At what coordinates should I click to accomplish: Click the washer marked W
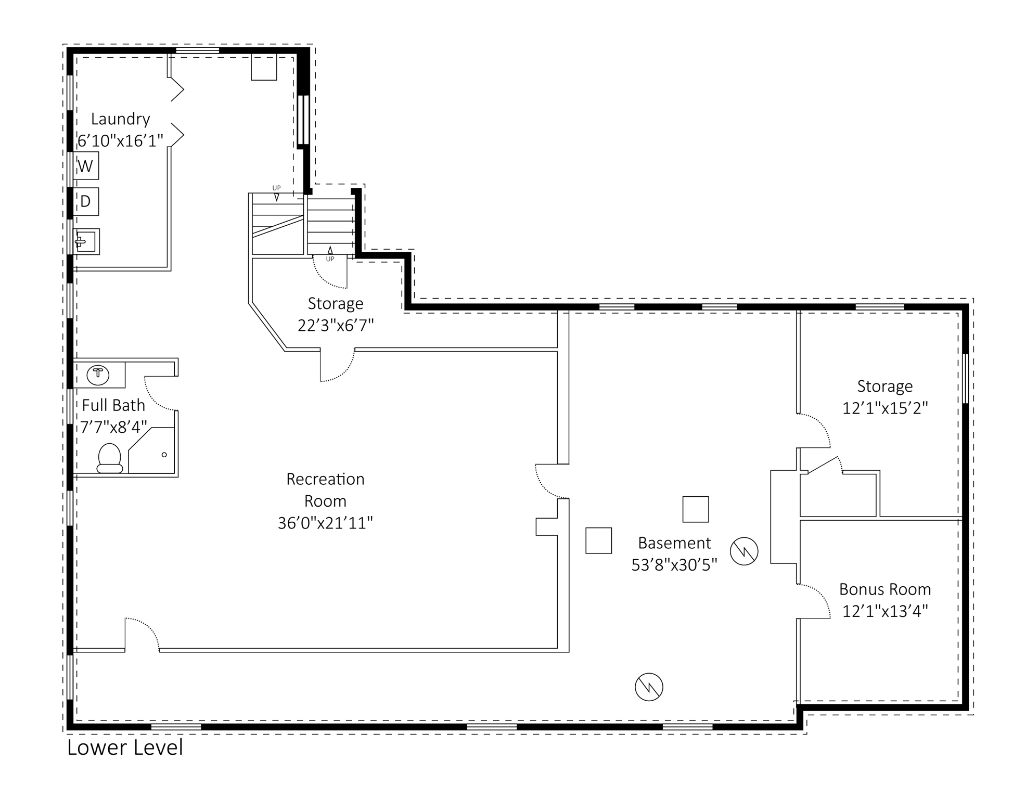pyautogui.click(x=85, y=165)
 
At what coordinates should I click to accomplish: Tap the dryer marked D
pyautogui.click(x=85, y=201)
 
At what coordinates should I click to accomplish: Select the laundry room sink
pyautogui.click(x=86, y=241)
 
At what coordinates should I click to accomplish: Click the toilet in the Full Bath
pyautogui.click(x=110, y=458)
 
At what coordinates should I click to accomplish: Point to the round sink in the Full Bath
pyautogui.click(x=98, y=375)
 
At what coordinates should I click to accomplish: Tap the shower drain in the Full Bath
pyautogui.click(x=164, y=455)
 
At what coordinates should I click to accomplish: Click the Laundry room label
pyautogui.click(x=120, y=119)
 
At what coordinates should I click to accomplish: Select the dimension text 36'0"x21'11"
pyautogui.click(x=325, y=523)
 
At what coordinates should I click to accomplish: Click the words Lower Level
pyautogui.click(x=125, y=748)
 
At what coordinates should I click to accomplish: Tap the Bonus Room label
pyautogui.click(x=885, y=589)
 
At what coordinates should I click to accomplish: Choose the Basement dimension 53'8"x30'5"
pyautogui.click(x=674, y=565)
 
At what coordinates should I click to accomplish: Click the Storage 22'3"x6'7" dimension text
pyautogui.click(x=336, y=325)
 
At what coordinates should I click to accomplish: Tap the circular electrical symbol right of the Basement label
pyautogui.click(x=744, y=551)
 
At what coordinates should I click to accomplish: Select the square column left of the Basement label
pyautogui.click(x=598, y=540)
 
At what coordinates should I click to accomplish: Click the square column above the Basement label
pyautogui.click(x=696, y=509)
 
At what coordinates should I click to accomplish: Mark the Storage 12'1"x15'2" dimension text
pyautogui.click(x=885, y=408)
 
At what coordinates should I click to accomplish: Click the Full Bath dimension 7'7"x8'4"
pyautogui.click(x=113, y=427)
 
